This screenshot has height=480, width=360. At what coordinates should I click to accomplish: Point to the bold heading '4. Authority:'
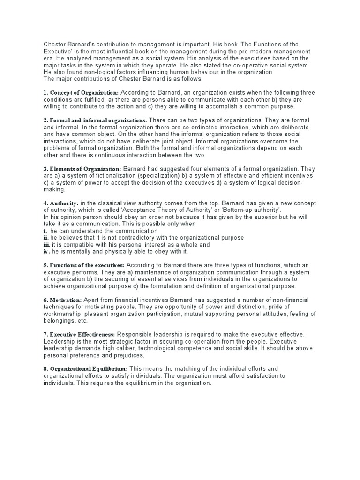coord(61,203)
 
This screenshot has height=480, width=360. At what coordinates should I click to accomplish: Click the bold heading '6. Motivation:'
coord(63,300)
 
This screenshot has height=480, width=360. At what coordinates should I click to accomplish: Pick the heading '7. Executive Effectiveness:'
coord(79,334)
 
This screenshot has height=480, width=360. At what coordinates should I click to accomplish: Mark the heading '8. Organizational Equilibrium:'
coord(85,369)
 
